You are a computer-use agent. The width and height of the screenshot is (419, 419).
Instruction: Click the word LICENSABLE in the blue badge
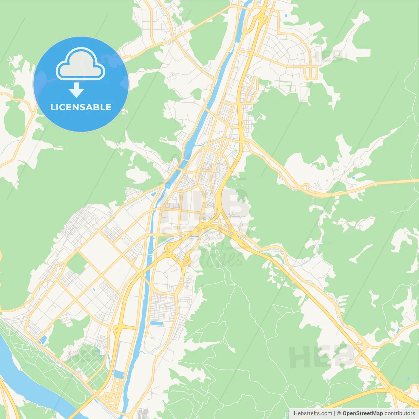tap(81, 107)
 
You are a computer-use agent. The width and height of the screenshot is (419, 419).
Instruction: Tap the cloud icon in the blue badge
tap(81, 64)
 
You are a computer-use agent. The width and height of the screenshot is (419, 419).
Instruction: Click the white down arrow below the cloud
tap(77, 90)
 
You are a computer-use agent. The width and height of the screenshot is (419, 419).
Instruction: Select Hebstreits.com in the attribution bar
tap(313, 413)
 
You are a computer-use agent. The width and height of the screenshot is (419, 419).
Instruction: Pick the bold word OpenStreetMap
tap(363, 413)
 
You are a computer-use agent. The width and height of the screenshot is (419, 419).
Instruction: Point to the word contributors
tap(400, 413)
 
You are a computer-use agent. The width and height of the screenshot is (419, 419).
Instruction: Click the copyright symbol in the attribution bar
tap(339, 413)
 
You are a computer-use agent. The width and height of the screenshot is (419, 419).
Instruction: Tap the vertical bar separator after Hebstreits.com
tap(335, 413)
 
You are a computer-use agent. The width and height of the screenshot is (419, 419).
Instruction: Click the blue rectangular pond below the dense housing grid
tap(156, 323)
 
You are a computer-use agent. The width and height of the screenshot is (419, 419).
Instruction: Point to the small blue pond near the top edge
tap(286, 15)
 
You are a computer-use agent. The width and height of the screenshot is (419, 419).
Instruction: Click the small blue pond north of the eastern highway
tap(354, 178)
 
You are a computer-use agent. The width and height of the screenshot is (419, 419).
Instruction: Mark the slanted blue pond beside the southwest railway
tap(43, 340)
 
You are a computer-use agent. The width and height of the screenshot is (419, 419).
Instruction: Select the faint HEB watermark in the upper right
tap(327, 56)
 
